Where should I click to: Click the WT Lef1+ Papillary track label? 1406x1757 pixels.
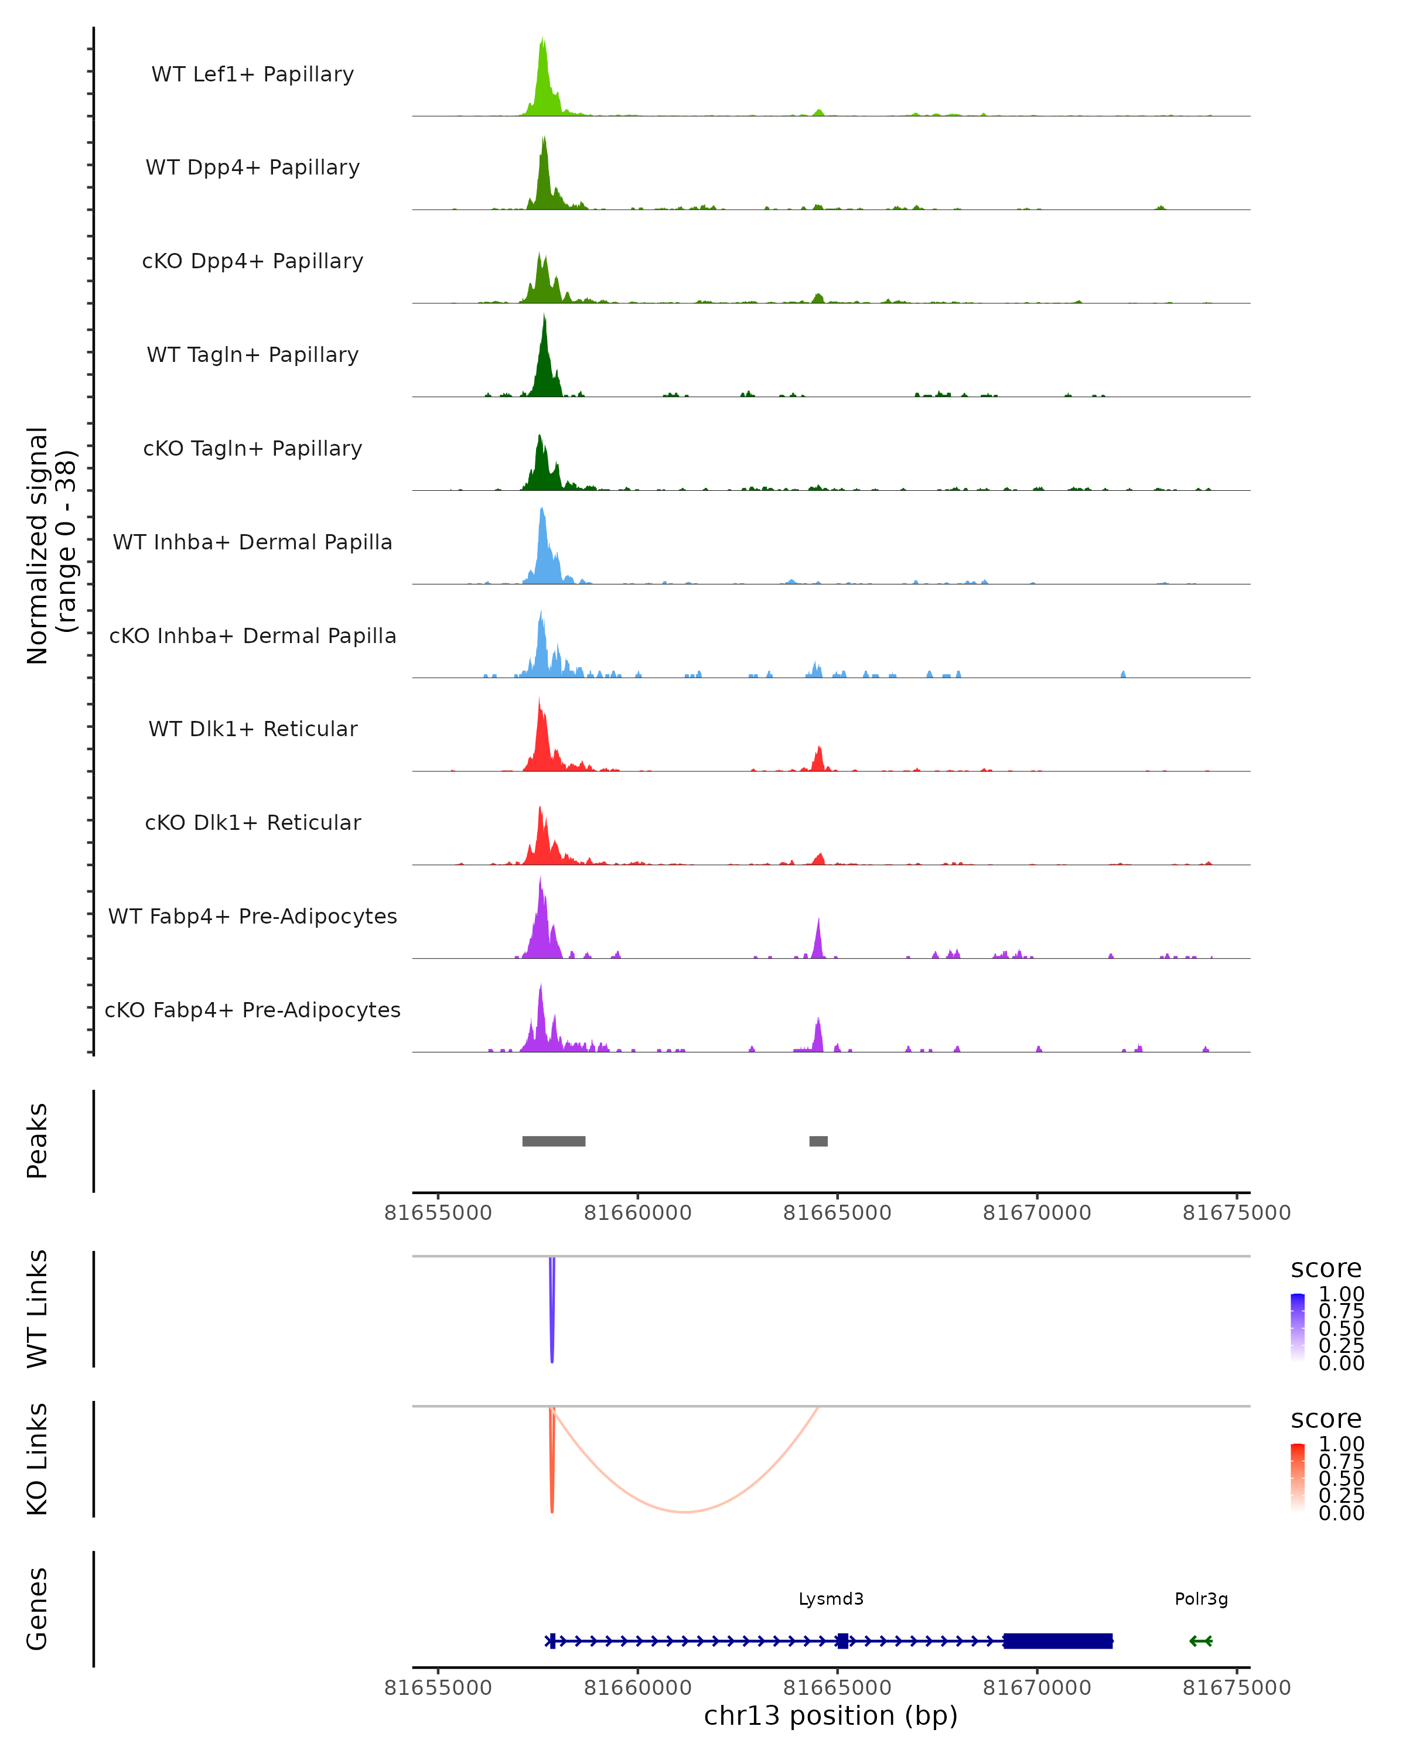click(x=252, y=74)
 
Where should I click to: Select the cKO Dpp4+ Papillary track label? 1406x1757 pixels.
click(x=252, y=261)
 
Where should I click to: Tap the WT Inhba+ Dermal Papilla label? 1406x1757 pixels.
click(x=252, y=542)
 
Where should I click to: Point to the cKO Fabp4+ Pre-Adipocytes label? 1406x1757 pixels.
click(x=252, y=1010)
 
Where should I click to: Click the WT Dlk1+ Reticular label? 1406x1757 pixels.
click(x=252, y=729)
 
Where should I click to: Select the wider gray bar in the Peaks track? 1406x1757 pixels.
click(x=554, y=1141)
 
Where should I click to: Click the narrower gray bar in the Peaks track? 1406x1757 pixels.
click(x=818, y=1141)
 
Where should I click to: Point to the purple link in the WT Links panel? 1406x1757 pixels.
click(x=552, y=1312)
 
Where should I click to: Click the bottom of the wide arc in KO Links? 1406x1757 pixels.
click(x=685, y=1512)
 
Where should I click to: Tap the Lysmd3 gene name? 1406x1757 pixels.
click(x=831, y=1599)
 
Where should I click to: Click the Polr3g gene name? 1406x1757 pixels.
click(x=1200, y=1599)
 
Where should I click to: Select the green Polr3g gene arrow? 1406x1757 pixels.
click(x=1200, y=1640)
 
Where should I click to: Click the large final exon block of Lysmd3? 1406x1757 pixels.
click(x=1057, y=1640)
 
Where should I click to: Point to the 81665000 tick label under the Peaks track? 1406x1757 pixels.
click(x=837, y=1213)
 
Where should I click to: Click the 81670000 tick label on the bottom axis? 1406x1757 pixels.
click(x=1037, y=1688)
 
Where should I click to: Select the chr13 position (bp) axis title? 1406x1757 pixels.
click(x=831, y=1716)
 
